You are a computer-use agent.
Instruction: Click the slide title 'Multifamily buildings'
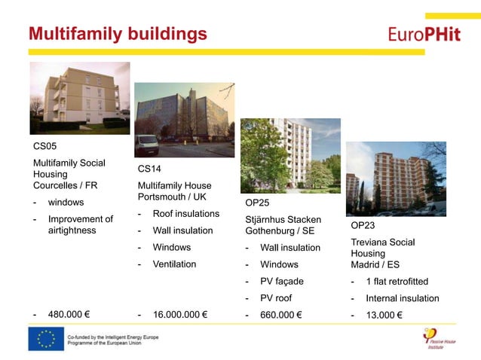pyautogui.click(x=118, y=34)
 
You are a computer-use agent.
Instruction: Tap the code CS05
pyautogui.click(x=44, y=145)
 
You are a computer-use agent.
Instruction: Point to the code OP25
pyautogui.click(x=257, y=203)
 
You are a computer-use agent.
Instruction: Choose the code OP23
pyautogui.click(x=363, y=225)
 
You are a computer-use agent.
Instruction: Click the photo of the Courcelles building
pyautogui.click(x=79, y=97)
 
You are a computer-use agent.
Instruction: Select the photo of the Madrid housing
pyautogui.click(x=396, y=179)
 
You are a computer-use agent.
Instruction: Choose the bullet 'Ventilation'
pyautogui.click(x=174, y=264)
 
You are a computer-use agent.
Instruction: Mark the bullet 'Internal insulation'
pyautogui.click(x=402, y=298)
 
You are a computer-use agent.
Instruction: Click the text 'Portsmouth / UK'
pyautogui.click(x=171, y=197)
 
